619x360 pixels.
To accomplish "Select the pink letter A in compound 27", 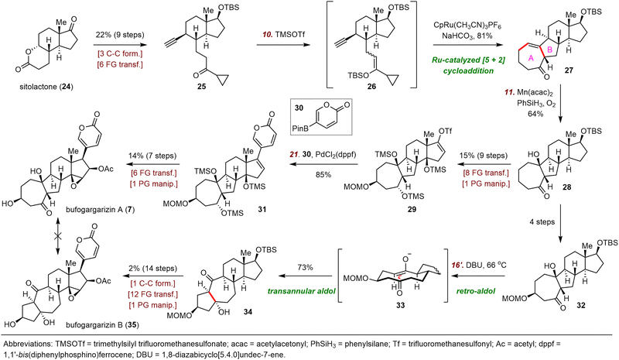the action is pyautogui.click(x=531, y=58).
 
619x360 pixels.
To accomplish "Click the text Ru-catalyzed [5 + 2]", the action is pyautogui.click(x=467, y=60).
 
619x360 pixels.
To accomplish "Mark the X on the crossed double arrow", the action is pyautogui.click(x=58, y=235).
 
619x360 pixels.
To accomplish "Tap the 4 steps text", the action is pyautogui.click(x=542, y=221).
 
